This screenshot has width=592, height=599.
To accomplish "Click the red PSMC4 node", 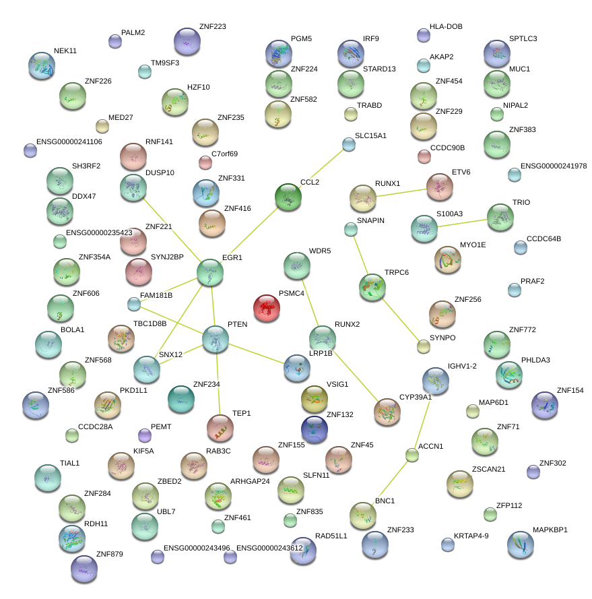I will (267, 308).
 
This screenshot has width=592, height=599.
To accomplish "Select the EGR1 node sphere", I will (210, 272).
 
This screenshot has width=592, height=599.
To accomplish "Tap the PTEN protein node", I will (216, 339).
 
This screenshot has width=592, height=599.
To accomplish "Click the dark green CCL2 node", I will (288, 196).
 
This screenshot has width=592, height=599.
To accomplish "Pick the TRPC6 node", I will (372, 286).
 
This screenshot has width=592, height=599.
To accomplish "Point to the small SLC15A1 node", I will (348, 144).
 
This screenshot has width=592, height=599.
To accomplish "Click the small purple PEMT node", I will (144, 435).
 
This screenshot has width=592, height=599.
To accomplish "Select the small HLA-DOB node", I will (424, 35).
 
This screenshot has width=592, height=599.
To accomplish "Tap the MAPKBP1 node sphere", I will (520, 544).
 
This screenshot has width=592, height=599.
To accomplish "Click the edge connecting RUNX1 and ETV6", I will (401, 192).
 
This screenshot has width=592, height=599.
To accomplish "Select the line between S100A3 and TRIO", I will (462, 223).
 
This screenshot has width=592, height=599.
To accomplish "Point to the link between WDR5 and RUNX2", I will (309, 297).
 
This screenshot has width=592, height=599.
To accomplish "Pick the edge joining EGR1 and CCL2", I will (249, 234).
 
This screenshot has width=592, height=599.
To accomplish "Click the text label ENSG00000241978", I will (554, 166).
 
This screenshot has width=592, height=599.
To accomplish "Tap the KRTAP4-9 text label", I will (471, 536).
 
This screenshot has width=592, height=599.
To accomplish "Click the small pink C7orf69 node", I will (205, 162).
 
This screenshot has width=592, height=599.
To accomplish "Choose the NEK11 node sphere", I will (42, 65).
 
